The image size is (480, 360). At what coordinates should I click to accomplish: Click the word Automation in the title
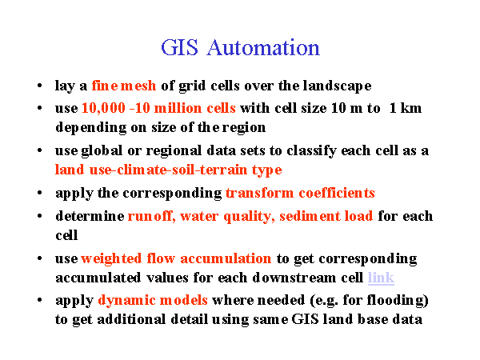coord(263,48)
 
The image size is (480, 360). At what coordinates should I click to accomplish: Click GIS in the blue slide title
coord(179,48)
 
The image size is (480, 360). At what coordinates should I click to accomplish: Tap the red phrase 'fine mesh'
coord(124,86)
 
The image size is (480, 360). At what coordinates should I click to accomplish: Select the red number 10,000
coord(104,108)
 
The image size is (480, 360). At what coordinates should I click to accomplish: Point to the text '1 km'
coord(406,108)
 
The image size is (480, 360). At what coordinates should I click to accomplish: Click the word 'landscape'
coord(338,86)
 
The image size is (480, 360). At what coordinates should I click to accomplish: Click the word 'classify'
coord(311,151)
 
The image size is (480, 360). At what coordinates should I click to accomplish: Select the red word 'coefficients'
coord(337,193)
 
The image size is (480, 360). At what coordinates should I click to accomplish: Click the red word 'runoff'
coord(151,217)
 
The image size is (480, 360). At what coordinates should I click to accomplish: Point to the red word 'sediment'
coord(309,217)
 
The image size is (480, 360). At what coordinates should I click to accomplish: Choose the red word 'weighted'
coord(111,259)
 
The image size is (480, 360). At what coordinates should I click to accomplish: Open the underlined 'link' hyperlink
coord(381,278)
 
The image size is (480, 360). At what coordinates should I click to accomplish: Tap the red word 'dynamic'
coord(127,301)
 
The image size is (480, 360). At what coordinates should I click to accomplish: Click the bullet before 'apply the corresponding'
coord(39,193)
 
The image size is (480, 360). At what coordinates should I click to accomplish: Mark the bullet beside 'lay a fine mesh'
coord(39,86)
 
